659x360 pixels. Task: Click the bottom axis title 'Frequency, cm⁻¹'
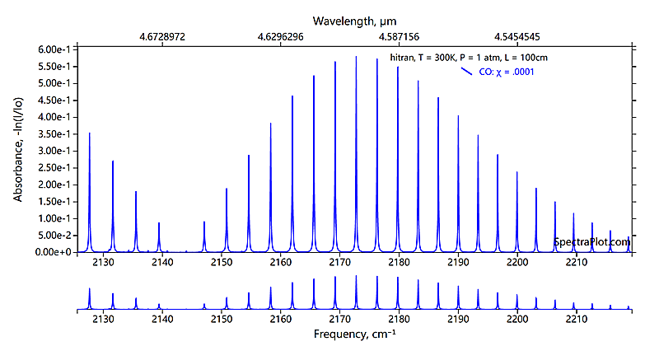[x=358, y=335]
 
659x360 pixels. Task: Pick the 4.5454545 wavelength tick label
[x=517, y=37]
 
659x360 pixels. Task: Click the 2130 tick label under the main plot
[x=103, y=263]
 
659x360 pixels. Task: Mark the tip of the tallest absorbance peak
[x=356, y=57]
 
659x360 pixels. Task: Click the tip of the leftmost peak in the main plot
[x=90, y=133]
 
